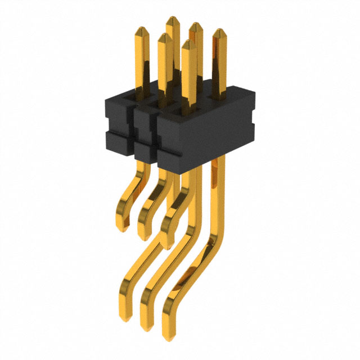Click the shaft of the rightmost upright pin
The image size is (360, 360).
click(219, 67)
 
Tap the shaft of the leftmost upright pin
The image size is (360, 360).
click(141, 62)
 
